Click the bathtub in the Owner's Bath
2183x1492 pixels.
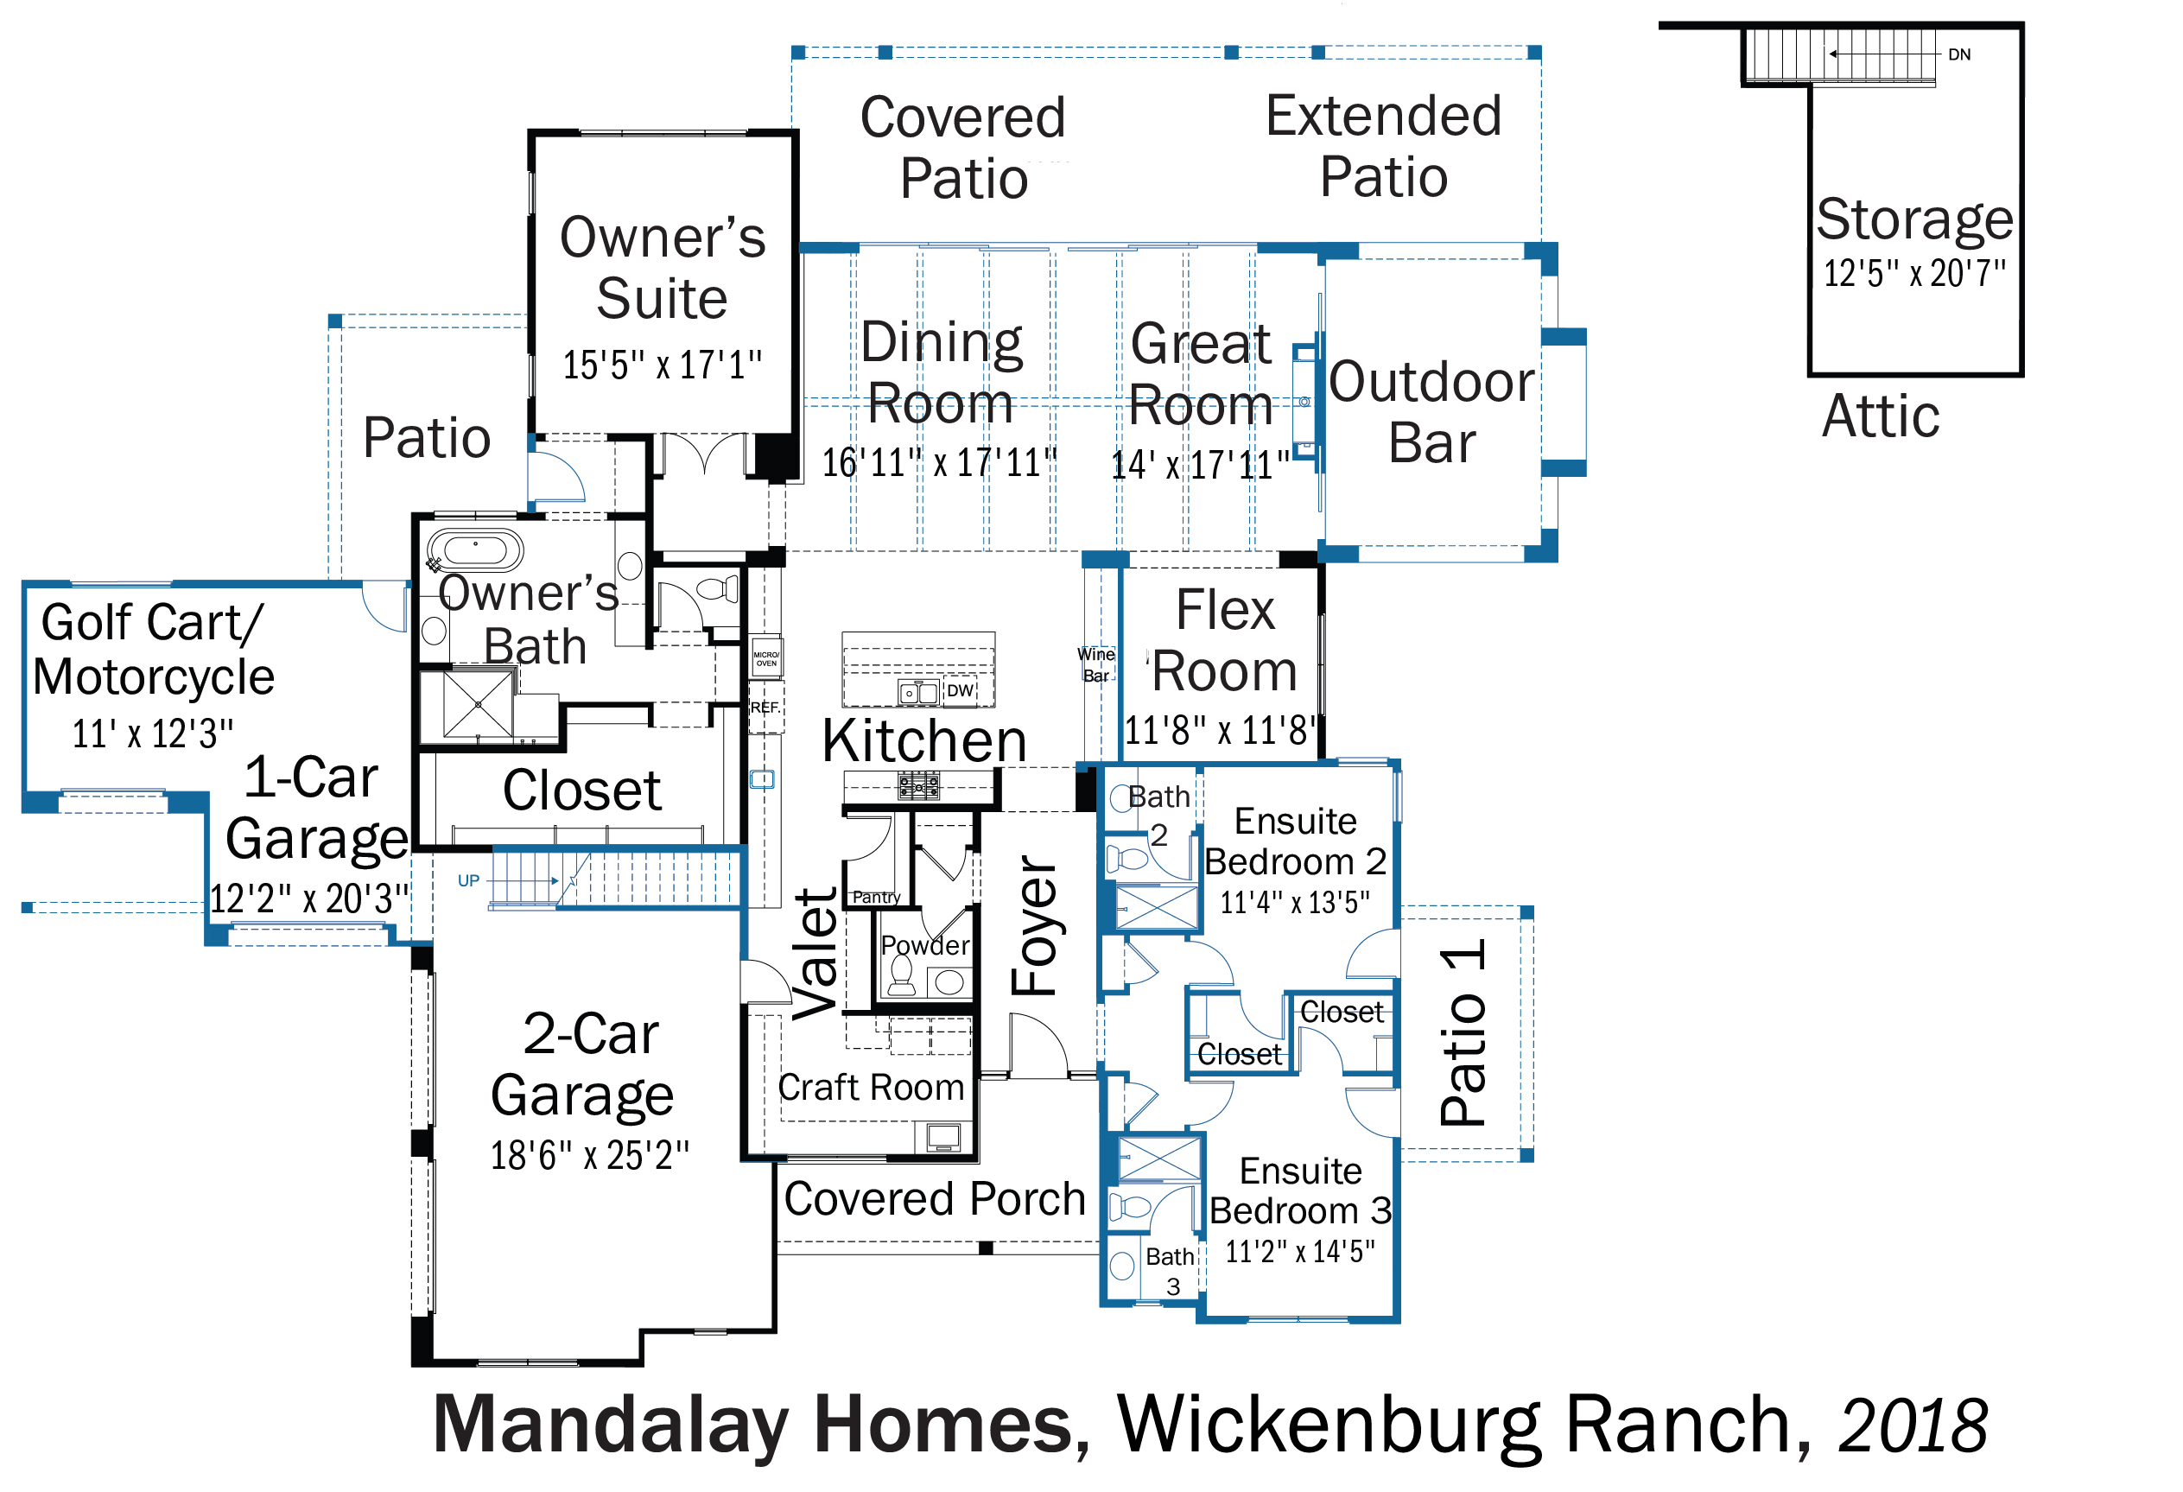(x=475, y=550)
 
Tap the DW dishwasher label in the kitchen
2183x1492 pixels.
(x=960, y=690)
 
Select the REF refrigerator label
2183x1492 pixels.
(x=765, y=708)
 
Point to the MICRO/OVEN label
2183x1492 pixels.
(x=766, y=658)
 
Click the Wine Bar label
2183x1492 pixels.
(x=1096, y=664)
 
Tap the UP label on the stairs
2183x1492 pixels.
(x=469, y=880)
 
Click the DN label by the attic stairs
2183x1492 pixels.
(x=1959, y=54)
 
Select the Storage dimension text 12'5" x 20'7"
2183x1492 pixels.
(x=1914, y=273)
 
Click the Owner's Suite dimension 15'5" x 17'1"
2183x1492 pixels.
(x=663, y=365)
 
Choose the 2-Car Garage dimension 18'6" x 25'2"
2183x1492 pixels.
(x=590, y=1156)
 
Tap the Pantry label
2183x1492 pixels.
(x=876, y=898)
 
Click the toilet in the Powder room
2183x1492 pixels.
(x=902, y=975)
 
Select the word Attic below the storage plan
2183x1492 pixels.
(x=1881, y=416)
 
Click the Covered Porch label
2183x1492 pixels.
(x=935, y=1199)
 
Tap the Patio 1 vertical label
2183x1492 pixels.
(x=1463, y=1032)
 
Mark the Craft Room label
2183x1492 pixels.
(x=871, y=1087)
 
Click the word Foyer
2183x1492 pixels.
(x=1034, y=924)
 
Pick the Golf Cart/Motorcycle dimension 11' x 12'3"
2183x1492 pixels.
(x=153, y=733)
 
